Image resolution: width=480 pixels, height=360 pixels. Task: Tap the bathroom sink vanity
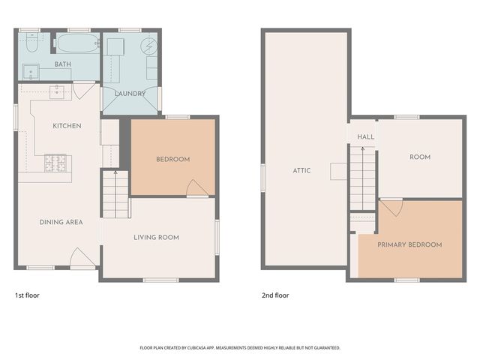[31, 73]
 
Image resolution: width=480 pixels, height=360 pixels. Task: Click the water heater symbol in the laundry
[149, 46]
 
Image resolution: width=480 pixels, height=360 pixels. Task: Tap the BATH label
[63, 64]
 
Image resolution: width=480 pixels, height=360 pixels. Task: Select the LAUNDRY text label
[129, 93]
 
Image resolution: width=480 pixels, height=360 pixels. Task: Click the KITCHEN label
[67, 125]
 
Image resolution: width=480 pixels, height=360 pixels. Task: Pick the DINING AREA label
[61, 222]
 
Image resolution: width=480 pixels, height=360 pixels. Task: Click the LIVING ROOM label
[156, 238]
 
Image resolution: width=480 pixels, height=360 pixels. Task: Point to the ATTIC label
[302, 170]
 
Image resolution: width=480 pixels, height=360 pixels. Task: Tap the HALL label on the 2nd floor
[365, 137]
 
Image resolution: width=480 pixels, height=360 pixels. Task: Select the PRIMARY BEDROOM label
[409, 244]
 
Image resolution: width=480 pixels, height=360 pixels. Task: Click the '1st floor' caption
[28, 295]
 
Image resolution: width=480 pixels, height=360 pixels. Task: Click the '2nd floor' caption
[274, 295]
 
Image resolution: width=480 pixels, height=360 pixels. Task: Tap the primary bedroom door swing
[391, 206]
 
